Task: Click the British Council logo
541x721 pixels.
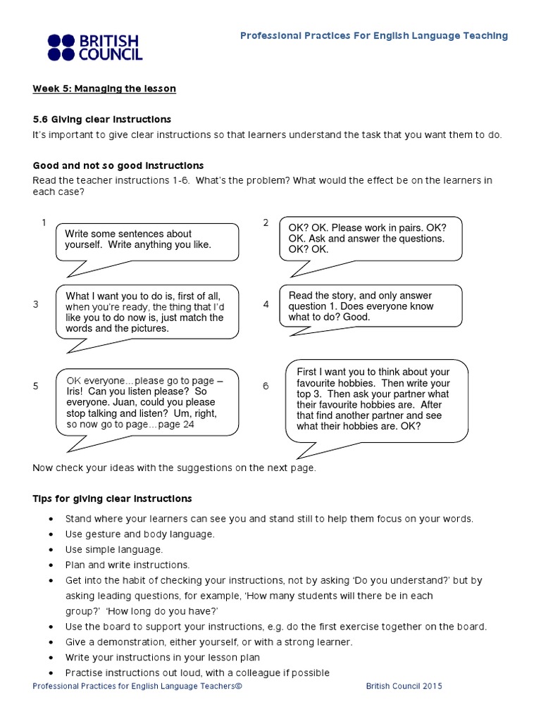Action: pyautogui.click(x=94, y=47)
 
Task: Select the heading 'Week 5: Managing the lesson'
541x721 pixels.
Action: pyautogui.click(x=104, y=89)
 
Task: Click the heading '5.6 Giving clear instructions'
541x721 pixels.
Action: pyautogui.click(x=101, y=119)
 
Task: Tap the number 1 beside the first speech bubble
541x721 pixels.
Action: pyautogui.click(x=44, y=223)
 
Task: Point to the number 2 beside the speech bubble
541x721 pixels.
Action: pyautogui.click(x=266, y=223)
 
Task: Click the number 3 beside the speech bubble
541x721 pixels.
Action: pyautogui.click(x=35, y=305)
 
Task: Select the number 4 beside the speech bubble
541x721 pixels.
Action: pyautogui.click(x=266, y=305)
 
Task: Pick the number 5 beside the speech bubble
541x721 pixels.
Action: pyautogui.click(x=35, y=387)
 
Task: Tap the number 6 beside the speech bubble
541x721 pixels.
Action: pyautogui.click(x=266, y=387)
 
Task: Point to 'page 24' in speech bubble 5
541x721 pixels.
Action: pyautogui.click(x=176, y=425)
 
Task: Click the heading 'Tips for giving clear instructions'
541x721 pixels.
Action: pyautogui.click(x=112, y=499)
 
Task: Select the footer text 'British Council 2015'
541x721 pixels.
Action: pyautogui.click(x=404, y=686)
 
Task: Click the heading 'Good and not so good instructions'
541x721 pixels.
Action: pyautogui.click(x=118, y=165)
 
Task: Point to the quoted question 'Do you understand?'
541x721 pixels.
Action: pyautogui.click(x=398, y=581)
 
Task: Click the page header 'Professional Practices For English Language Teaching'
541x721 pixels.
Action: pyautogui.click(x=373, y=36)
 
